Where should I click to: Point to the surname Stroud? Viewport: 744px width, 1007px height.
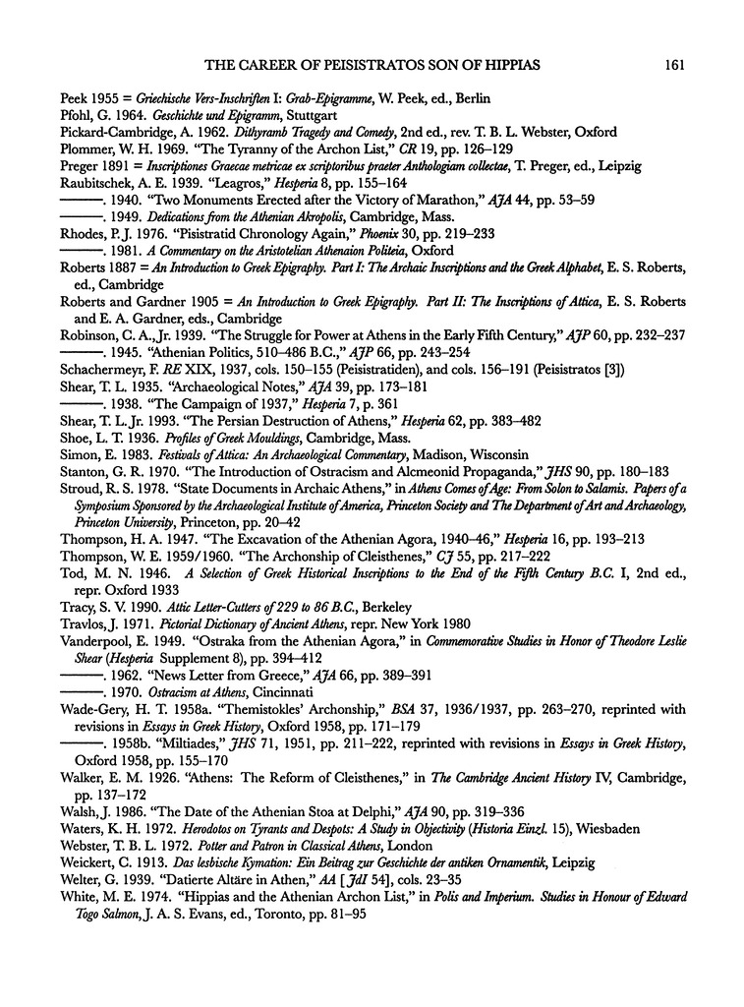pyautogui.click(x=80, y=487)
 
